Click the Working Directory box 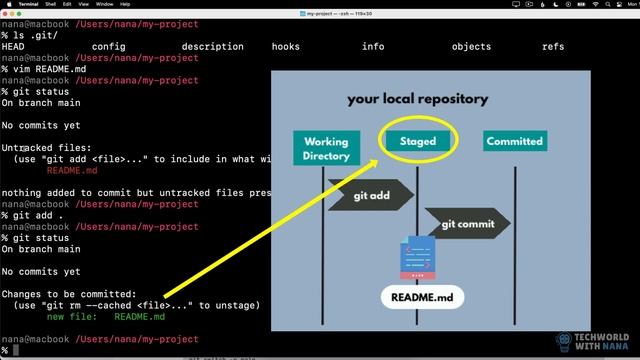326,148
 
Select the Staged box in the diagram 418,141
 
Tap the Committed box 514,142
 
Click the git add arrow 370,195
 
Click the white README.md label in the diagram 422,297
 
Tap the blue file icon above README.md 418,257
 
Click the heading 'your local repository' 417,99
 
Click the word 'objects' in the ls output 471,46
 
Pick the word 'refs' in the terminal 553,46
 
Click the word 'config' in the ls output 109,46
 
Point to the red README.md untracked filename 72,170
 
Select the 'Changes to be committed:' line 66,294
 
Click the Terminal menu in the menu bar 27,5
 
